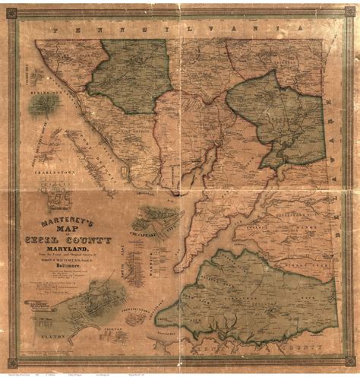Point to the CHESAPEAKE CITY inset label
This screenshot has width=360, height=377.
pos(156,214)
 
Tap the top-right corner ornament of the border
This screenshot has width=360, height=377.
pos(339,22)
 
